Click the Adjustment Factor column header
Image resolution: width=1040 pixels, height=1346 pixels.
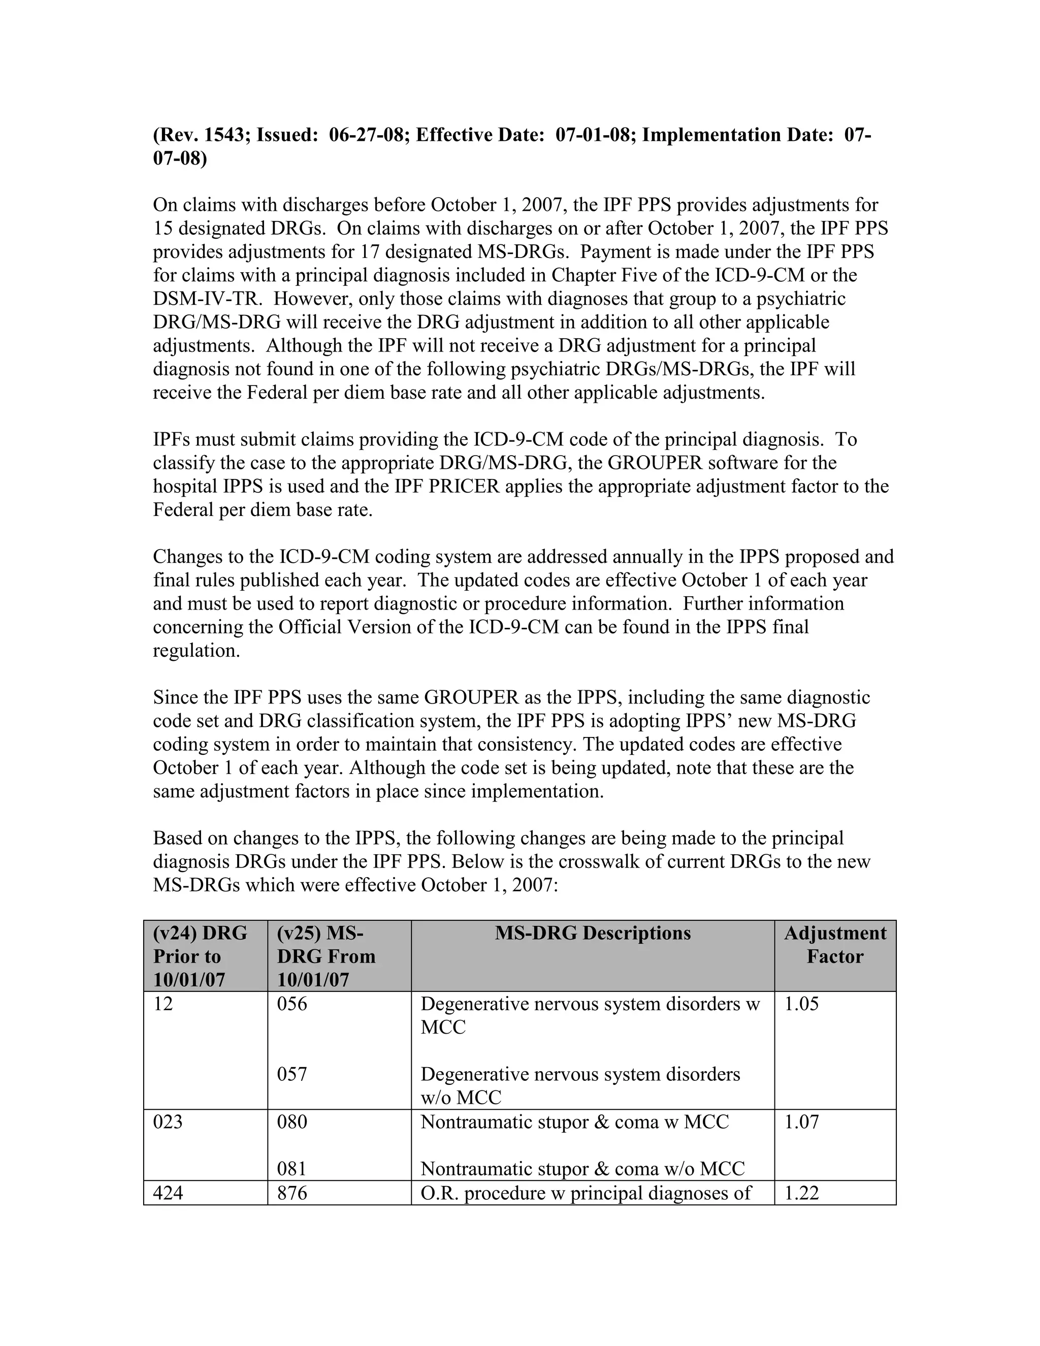tap(835, 945)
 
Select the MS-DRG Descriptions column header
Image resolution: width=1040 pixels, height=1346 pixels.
tap(592, 933)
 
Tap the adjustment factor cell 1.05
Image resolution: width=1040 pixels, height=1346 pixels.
tap(801, 1004)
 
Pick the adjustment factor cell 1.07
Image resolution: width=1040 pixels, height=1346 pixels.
tap(801, 1121)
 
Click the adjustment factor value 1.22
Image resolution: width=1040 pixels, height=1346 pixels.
tap(801, 1193)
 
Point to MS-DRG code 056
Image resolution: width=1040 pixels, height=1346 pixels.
tap(291, 1004)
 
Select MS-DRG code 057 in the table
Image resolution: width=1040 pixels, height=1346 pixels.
tap(291, 1074)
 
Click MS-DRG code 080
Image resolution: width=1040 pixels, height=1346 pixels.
tap(291, 1121)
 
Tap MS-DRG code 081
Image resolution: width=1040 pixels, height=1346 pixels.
tap(291, 1169)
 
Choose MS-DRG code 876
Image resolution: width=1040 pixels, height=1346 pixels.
tap(291, 1193)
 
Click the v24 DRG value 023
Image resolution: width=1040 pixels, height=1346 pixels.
tap(168, 1121)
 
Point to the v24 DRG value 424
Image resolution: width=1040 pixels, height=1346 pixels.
tap(168, 1193)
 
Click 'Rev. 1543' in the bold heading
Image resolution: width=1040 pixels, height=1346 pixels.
tap(203, 135)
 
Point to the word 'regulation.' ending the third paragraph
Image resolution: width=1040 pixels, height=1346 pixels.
tap(196, 651)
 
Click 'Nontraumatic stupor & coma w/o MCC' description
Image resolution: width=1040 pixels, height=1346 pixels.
tap(582, 1169)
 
